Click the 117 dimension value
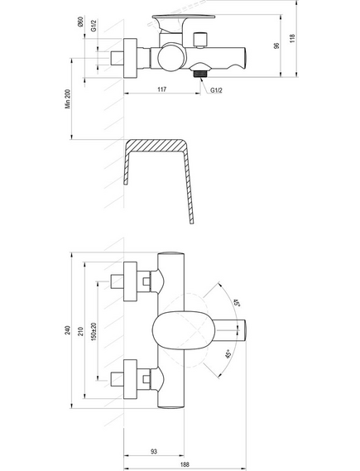(161, 89)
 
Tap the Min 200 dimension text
(68, 99)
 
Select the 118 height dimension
(292, 38)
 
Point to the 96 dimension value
(276, 46)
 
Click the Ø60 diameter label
(80, 22)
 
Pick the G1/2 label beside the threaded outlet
(216, 90)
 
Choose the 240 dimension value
(68, 330)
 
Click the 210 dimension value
(81, 331)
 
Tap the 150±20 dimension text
(94, 332)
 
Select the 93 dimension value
(154, 451)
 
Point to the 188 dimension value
(185, 464)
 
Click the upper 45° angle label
(237, 302)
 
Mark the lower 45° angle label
(228, 353)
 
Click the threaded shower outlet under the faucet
(200, 74)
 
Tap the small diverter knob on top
(200, 40)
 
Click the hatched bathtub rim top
(156, 146)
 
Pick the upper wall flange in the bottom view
(130, 281)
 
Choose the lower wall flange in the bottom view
(130, 379)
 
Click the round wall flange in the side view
(130, 58)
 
